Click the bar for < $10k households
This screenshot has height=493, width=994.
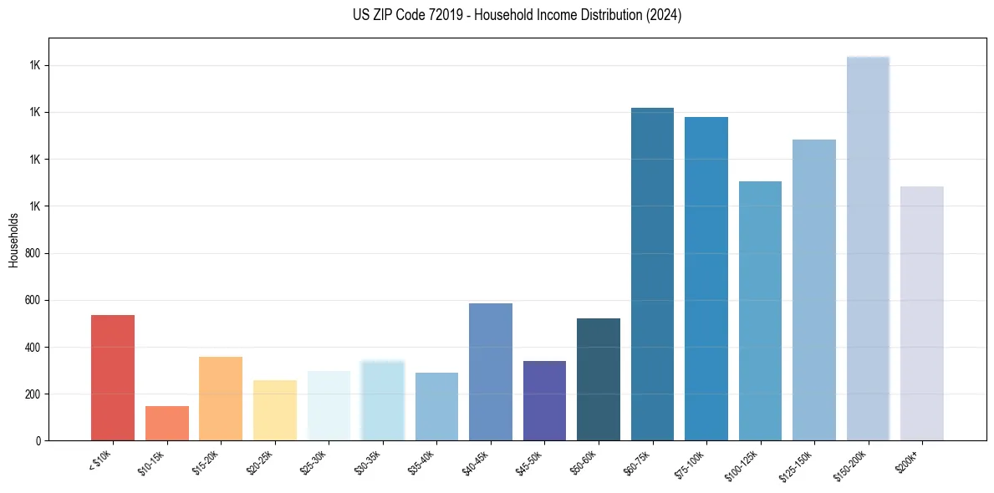(113, 378)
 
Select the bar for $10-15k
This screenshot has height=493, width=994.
(166, 423)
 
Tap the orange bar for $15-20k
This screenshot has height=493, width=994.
(221, 399)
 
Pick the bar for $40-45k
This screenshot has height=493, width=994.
(491, 372)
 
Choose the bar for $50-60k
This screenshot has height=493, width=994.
(599, 379)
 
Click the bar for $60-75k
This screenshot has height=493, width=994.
(652, 274)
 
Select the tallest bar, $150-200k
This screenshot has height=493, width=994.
(868, 248)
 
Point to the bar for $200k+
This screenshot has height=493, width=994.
(921, 313)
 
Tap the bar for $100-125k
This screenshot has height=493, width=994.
(760, 311)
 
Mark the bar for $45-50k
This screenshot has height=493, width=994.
(544, 400)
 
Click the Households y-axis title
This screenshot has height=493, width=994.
(13, 239)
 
